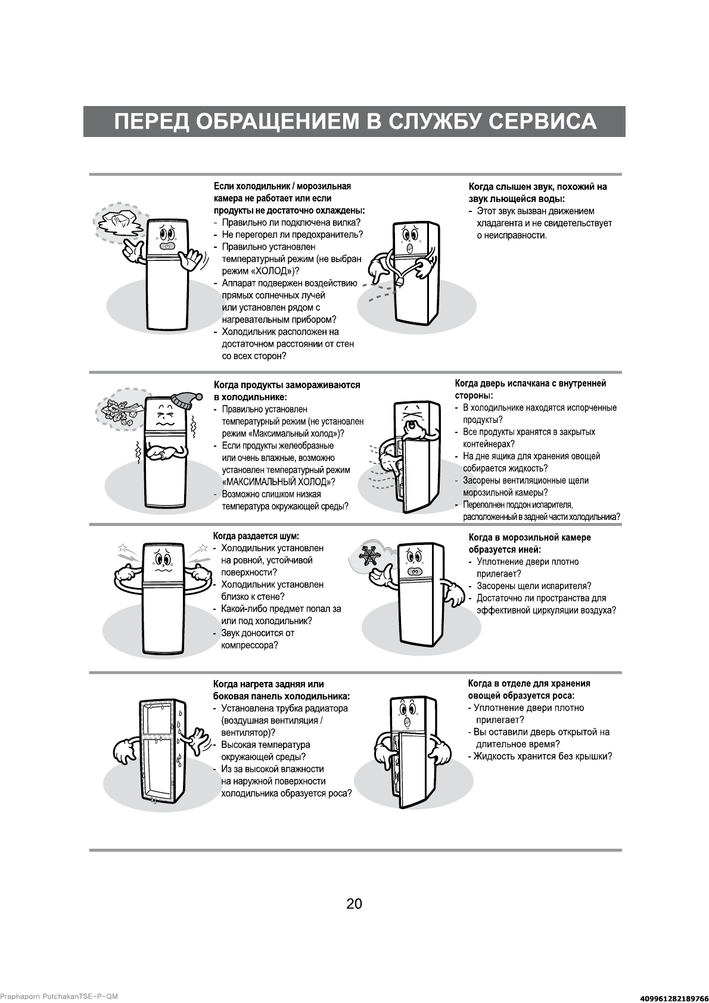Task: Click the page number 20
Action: coord(354,904)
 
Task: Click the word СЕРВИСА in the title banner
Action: coord(542,121)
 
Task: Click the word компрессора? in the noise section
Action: coord(250,645)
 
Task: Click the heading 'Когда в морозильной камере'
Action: coord(530,537)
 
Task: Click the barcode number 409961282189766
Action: coord(669,997)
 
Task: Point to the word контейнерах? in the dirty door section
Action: coord(489,444)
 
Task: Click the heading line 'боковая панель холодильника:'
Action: coord(281,696)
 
